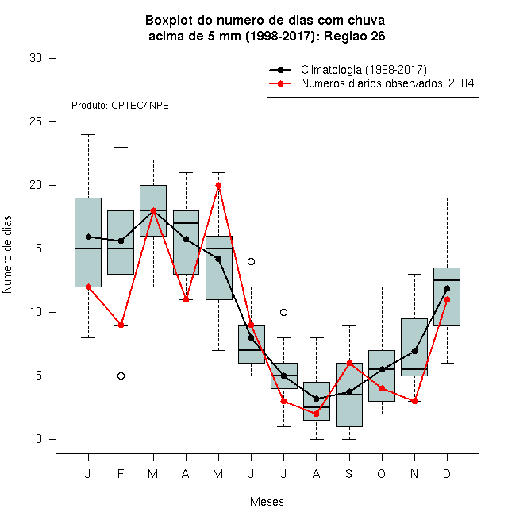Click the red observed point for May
pos(218,186)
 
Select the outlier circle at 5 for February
pos(121,376)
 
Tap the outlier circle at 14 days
pos(251,262)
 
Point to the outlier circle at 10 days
pos(283,313)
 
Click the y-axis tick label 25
pos(36,121)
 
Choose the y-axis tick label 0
pos(39,439)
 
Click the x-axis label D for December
pos(447,473)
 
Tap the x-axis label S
pos(349,473)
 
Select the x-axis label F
pos(121,473)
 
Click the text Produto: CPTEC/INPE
pos(120,106)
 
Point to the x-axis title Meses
pos(267,502)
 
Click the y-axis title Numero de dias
pos(7,255)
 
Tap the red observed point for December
pos(447,300)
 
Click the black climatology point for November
pos(415,351)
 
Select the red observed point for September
pos(349,364)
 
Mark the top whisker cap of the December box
pos(447,198)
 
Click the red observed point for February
pos(121,326)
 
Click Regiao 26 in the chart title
pos(355,36)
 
